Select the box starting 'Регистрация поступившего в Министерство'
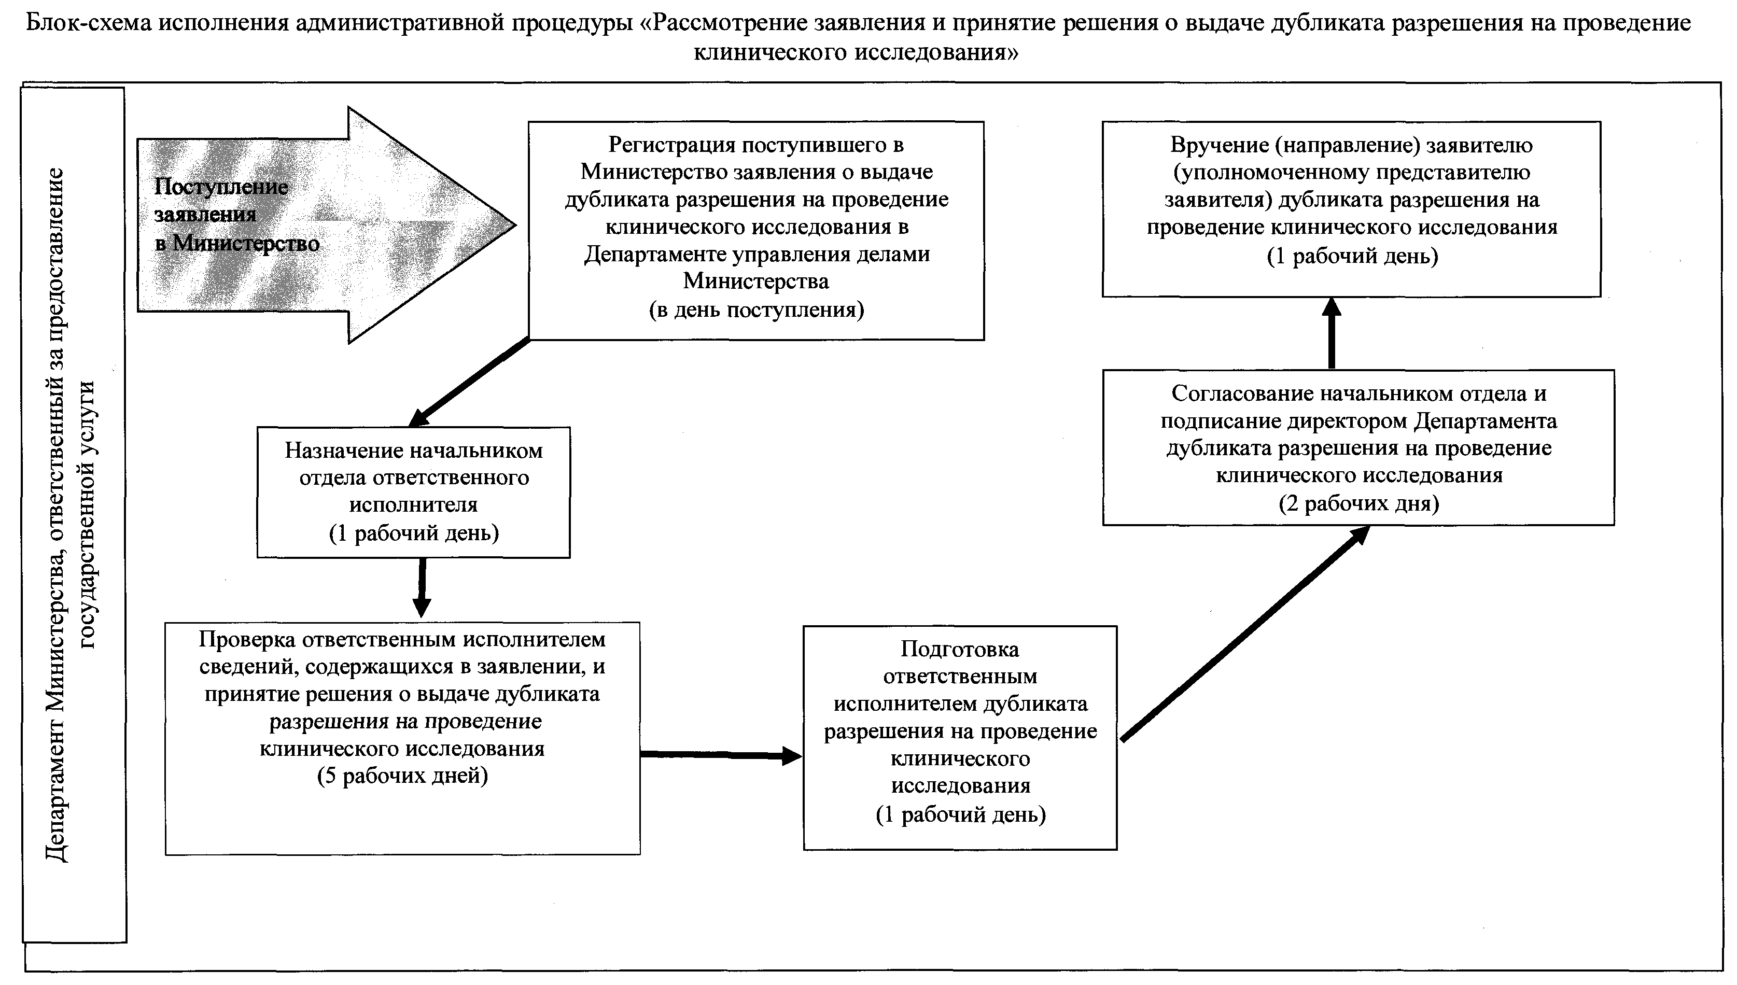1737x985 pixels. (755, 230)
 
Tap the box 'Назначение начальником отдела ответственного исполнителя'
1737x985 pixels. (413, 492)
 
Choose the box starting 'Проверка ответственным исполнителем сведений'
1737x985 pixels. (402, 737)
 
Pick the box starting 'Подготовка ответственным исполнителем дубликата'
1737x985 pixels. (960, 737)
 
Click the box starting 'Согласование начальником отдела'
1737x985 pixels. (1358, 447)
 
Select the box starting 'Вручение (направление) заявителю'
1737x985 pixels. (1351, 208)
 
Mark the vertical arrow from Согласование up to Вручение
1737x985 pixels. (1331, 333)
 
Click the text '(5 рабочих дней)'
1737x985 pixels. (402, 775)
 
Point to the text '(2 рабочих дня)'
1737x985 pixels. (1358, 503)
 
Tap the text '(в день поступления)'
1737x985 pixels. (756, 310)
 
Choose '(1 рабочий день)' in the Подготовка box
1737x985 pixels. (960, 814)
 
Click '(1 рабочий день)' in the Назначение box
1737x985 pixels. (414, 533)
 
